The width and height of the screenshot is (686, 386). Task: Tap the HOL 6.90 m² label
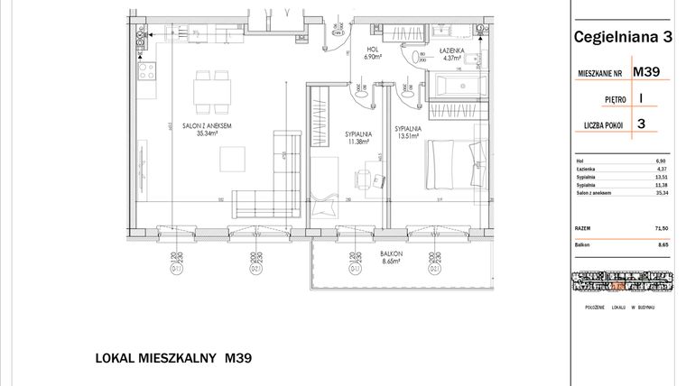click(x=371, y=53)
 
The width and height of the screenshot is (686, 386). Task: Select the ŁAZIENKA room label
click(x=451, y=53)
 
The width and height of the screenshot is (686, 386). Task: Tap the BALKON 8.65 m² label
click(x=391, y=258)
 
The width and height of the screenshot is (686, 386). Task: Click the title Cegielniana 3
click(x=623, y=38)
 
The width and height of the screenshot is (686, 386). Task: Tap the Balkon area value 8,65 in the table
click(x=665, y=244)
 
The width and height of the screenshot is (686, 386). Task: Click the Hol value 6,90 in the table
click(x=665, y=161)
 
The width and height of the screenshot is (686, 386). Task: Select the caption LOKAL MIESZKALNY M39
click(x=173, y=358)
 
